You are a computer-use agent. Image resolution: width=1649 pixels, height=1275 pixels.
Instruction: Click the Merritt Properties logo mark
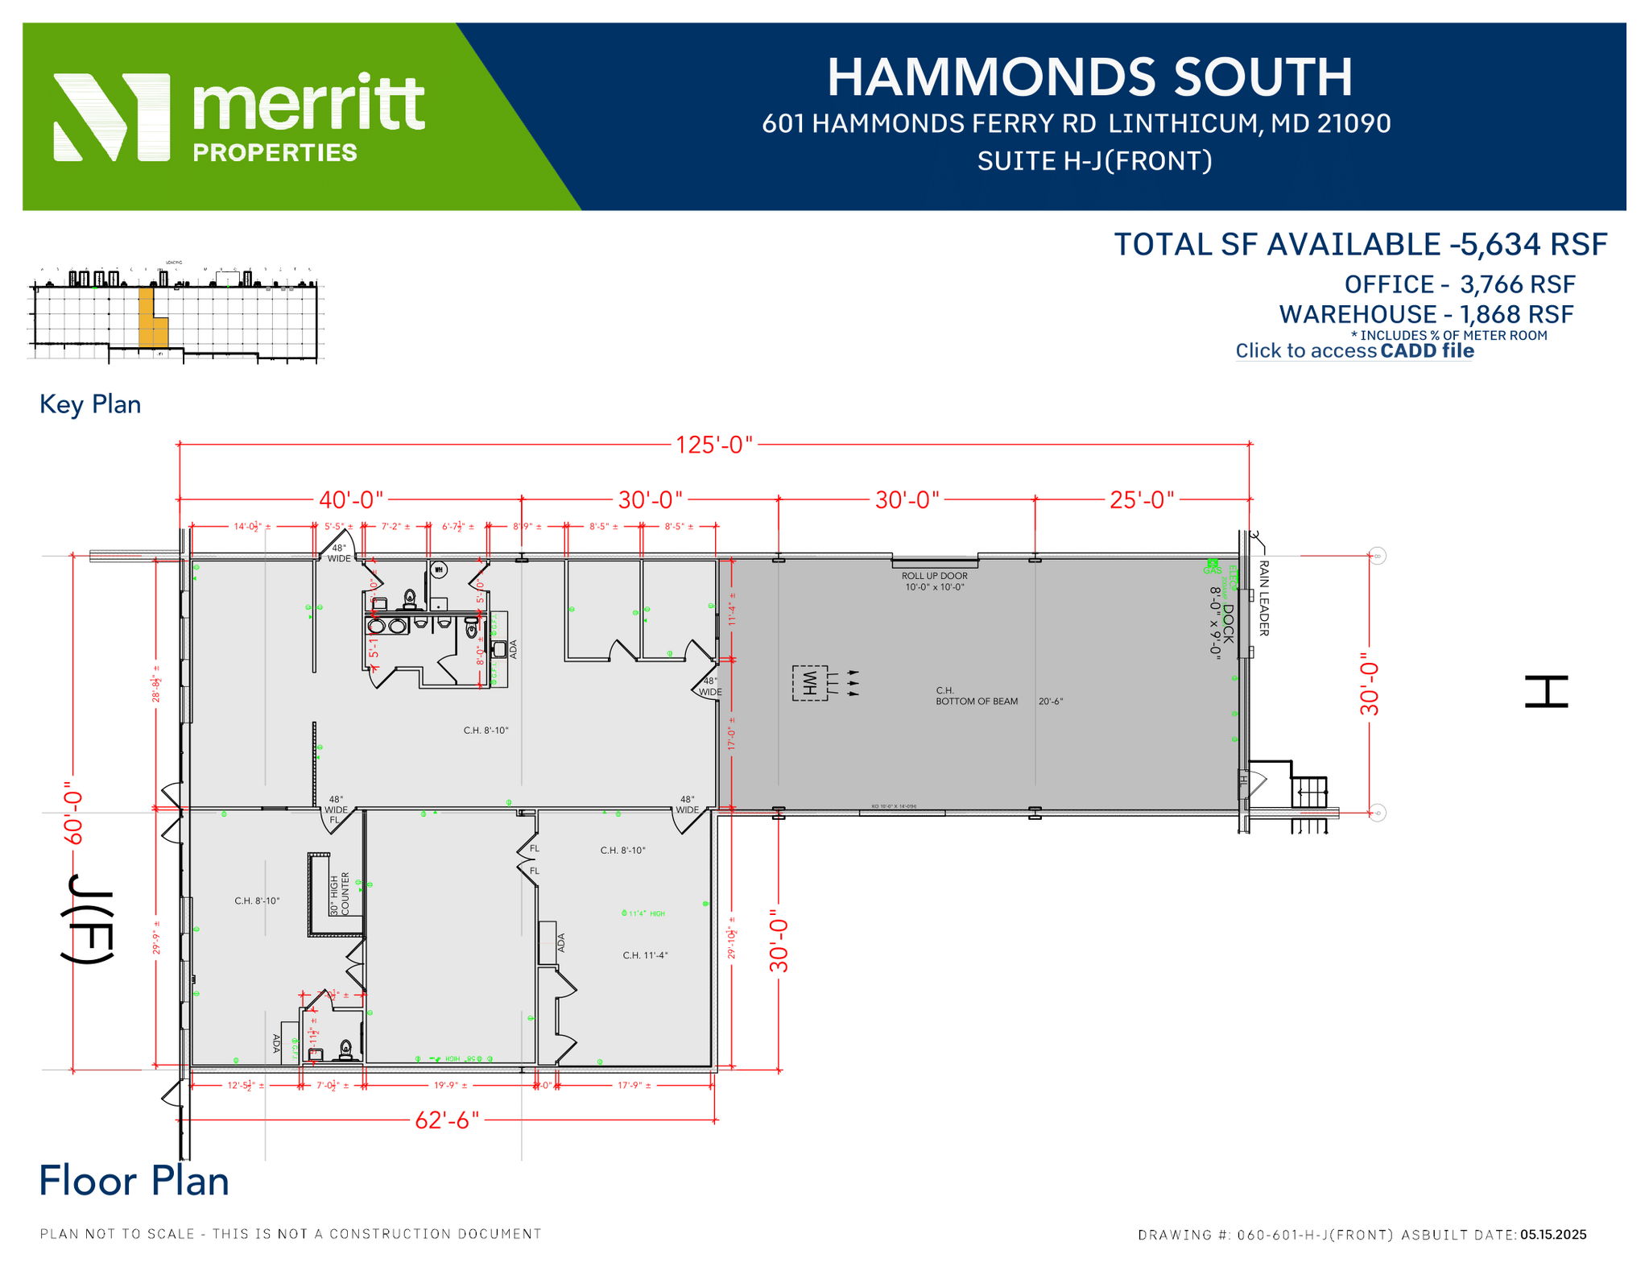point(111,118)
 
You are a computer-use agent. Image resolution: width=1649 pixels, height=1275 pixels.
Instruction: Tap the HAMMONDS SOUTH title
point(1089,77)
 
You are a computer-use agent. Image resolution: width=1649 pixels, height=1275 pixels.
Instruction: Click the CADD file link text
point(1427,351)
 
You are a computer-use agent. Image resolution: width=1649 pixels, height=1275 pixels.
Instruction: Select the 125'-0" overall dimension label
point(713,445)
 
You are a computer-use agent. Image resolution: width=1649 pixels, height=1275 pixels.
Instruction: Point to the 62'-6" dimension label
point(447,1120)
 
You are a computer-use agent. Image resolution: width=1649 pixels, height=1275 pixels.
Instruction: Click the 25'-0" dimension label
point(1142,500)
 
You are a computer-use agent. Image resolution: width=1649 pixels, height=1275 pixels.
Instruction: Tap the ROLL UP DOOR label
point(934,576)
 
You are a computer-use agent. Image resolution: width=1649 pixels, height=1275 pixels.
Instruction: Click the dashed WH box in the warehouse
point(810,683)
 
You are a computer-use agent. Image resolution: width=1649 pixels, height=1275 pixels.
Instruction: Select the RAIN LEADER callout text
point(1263,598)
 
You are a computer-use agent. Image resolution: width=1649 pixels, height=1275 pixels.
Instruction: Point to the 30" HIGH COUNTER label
point(340,894)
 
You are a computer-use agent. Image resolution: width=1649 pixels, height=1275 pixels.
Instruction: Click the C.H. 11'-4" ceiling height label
point(645,956)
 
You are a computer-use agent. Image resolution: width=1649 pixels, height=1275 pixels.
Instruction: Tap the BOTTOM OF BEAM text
point(976,702)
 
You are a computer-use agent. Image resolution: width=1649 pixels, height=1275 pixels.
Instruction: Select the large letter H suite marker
point(1546,692)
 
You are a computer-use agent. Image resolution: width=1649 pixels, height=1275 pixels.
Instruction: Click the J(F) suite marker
point(88,918)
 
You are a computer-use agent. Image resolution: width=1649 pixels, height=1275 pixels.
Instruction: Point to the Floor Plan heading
point(134,1181)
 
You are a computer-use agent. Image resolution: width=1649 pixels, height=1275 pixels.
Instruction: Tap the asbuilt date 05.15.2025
point(1553,1235)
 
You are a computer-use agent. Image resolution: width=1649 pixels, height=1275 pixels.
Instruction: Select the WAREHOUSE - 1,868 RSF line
point(1426,314)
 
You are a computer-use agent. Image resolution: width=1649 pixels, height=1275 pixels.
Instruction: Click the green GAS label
point(1212,570)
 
